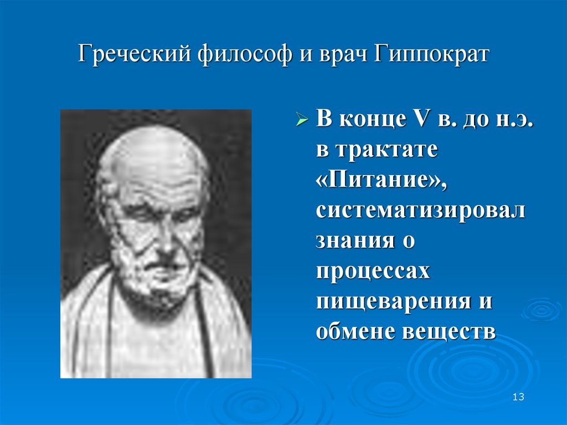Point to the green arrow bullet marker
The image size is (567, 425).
(x=302, y=120)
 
